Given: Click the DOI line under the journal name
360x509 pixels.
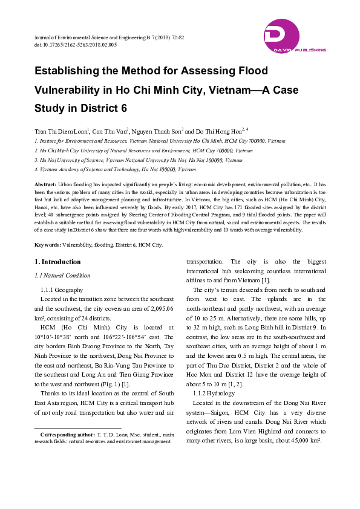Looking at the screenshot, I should coord(76,45).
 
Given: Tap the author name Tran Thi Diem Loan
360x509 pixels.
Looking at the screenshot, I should coord(61,131).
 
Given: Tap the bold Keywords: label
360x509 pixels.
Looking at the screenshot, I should coord(47,244).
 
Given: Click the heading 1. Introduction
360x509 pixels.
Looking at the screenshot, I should coord(57,262).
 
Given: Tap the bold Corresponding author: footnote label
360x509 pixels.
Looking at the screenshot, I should coord(67,434).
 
